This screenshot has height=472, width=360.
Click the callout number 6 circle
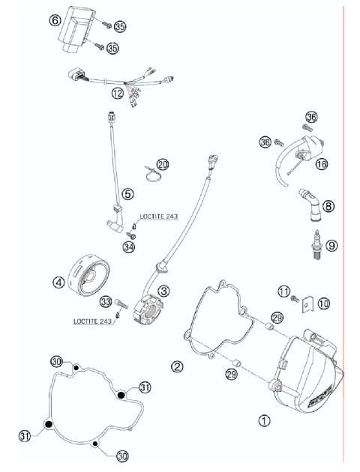[x=55, y=20]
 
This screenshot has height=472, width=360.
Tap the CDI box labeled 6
[x=77, y=29]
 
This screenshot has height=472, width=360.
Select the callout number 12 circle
[x=117, y=94]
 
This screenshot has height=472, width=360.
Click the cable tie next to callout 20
[x=149, y=177]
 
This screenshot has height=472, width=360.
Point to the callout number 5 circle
[x=127, y=193]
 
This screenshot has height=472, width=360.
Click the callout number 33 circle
[x=105, y=301]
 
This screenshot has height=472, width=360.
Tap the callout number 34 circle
[x=130, y=246]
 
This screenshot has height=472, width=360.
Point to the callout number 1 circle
[x=264, y=421]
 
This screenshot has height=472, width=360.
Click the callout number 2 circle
[x=177, y=366]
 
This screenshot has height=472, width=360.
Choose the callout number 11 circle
[x=283, y=291]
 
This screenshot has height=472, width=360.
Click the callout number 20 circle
[x=163, y=164]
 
